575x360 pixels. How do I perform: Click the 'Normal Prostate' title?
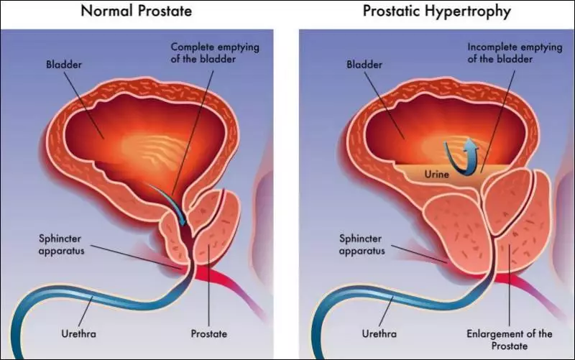[136, 11]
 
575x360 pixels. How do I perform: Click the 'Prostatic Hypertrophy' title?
[437, 11]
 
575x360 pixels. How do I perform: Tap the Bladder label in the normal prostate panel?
[64, 65]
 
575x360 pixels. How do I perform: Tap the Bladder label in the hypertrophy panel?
[364, 65]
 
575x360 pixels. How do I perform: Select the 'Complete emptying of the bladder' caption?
[215, 52]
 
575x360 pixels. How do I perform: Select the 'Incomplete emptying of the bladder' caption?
[515, 52]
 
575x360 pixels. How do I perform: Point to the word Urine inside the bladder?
[436, 174]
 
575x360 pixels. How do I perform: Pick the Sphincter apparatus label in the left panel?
[61, 244]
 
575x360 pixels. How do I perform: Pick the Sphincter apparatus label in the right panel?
[362, 244]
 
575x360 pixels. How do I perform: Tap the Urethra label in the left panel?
[78, 333]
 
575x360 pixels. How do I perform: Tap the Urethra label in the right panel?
[379, 333]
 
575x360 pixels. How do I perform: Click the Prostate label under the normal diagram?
[208, 333]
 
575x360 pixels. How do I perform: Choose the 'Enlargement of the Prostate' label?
[510, 339]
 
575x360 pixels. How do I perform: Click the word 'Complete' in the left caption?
[192, 47]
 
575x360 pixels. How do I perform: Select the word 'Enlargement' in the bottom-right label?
[492, 334]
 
